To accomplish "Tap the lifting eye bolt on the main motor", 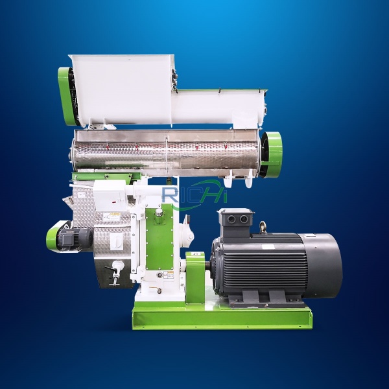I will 262,227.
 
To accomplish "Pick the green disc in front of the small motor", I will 53,237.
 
